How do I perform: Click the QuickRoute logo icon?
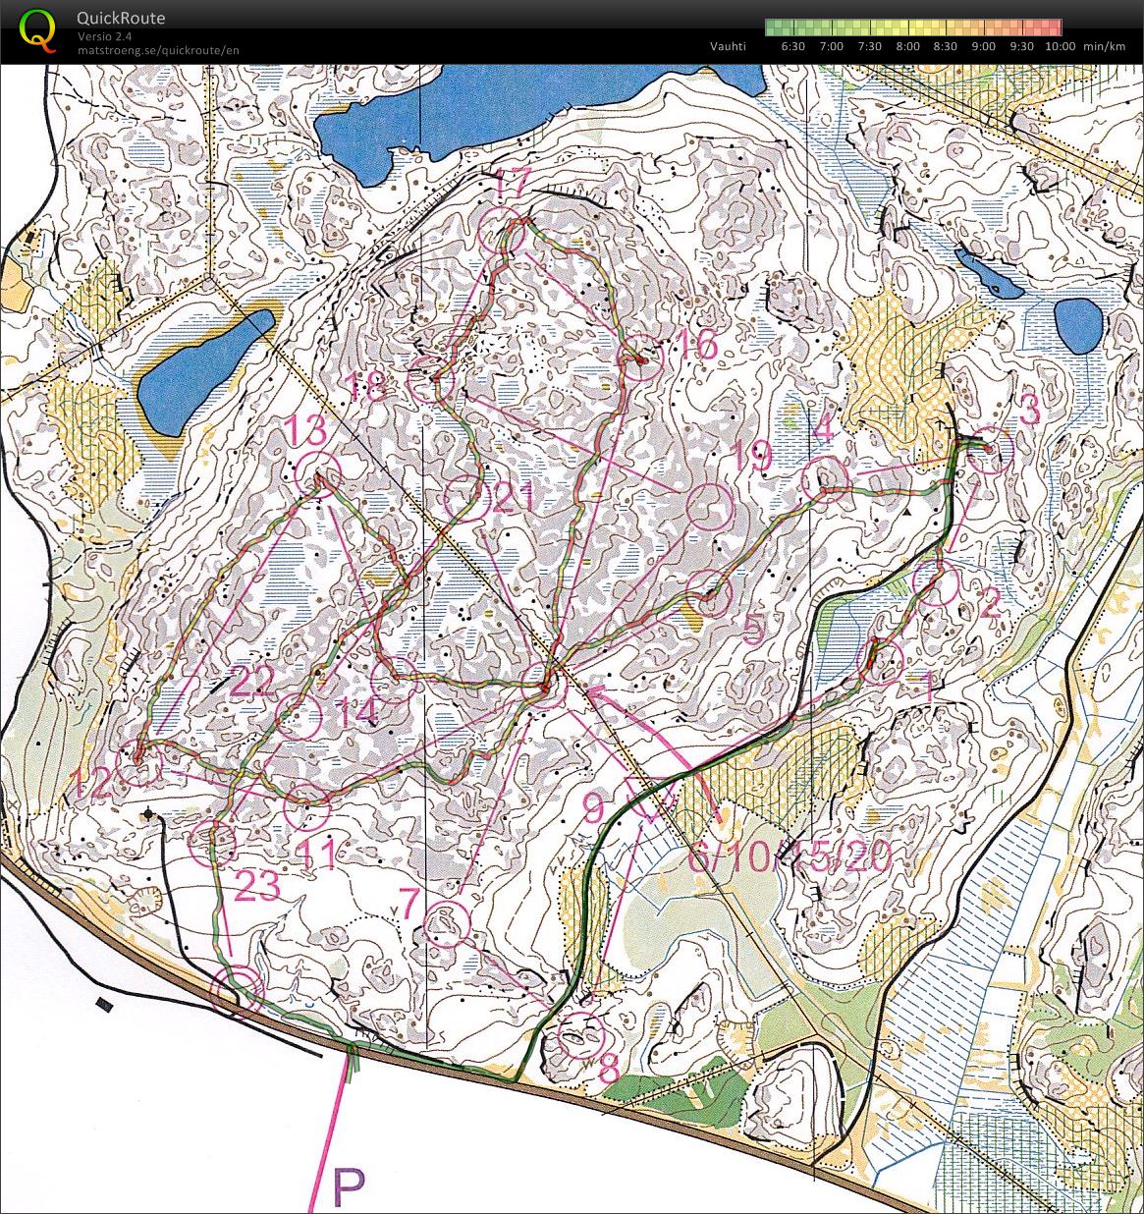(x=37, y=29)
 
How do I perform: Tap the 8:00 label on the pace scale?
(x=907, y=46)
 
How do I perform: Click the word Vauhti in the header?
(x=728, y=46)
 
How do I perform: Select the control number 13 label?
(x=303, y=430)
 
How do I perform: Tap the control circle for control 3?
(x=990, y=452)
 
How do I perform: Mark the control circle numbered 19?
(x=710, y=507)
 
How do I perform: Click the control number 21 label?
(x=514, y=499)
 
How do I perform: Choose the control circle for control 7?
(x=449, y=923)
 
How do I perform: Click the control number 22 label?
(x=252, y=681)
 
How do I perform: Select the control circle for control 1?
(x=881, y=660)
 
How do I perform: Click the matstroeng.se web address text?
(x=158, y=50)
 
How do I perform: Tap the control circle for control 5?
(x=709, y=593)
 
